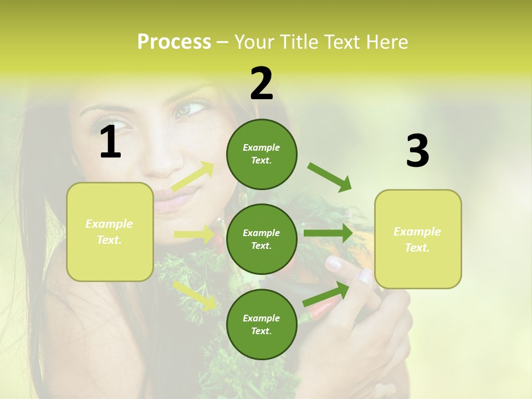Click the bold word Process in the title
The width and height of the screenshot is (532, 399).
(174, 42)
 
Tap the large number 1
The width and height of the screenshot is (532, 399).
(110, 142)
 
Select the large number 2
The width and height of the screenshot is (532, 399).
(262, 83)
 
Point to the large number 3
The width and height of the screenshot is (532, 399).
(417, 151)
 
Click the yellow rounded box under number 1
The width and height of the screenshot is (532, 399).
(110, 232)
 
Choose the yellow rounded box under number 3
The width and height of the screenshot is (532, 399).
(418, 239)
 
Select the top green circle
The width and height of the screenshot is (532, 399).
(262, 154)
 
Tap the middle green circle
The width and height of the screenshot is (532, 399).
(262, 239)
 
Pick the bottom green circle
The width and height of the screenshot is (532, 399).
(262, 324)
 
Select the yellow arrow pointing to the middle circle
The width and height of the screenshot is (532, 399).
(195, 234)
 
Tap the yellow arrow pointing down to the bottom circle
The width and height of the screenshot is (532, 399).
(195, 295)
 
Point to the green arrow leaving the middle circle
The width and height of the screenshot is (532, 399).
(329, 233)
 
